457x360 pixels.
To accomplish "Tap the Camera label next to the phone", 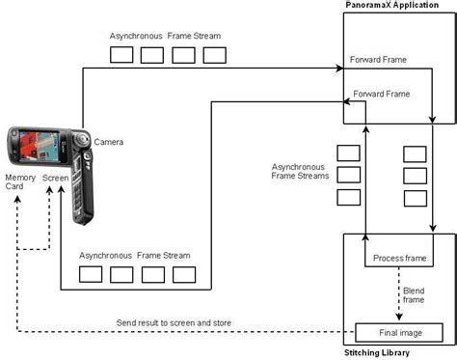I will pyautogui.click(x=108, y=143).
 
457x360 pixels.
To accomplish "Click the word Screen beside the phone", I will pyautogui.click(x=55, y=179).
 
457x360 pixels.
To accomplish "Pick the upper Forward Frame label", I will pyautogui.click(x=378, y=59).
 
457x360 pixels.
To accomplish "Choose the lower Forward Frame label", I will pyautogui.click(x=382, y=95).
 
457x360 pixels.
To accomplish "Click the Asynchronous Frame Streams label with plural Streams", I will pyautogui.click(x=301, y=171).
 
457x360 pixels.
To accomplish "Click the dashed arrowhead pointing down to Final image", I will pyautogui.click(x=400, y=317).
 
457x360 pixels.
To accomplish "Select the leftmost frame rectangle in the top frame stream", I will pyautogui.click(x=121, y=55).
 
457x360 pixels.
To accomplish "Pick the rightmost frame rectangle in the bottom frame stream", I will pyautogui.click(x=184, y=274).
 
